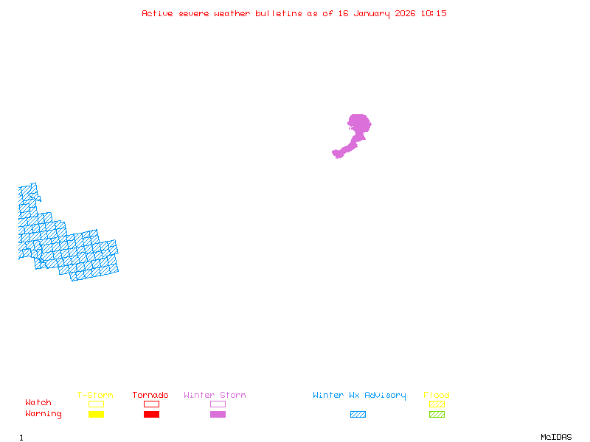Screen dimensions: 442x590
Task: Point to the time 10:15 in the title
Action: coord(434,13)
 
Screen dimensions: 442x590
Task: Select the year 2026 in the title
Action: coord(406,13)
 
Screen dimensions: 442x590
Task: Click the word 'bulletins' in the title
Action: coord(279,13)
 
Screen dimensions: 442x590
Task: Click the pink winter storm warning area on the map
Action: coord(358,124)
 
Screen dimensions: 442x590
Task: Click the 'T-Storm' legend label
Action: coord(95,396)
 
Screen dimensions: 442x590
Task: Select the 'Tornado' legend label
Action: coord(150,396)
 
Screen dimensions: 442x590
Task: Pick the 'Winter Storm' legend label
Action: coord(215,396)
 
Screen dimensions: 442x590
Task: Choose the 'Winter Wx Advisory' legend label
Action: coord(359,396)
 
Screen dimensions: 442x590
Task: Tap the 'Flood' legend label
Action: coord(437,396)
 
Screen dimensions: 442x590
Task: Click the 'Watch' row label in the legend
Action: coord(38,403)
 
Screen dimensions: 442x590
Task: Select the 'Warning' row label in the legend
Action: coord(44,414)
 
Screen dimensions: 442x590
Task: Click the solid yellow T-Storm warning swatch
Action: coord(96,414)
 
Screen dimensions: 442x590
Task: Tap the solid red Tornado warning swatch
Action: coord(151,414)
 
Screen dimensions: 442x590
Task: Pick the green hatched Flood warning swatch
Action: coord(437,414)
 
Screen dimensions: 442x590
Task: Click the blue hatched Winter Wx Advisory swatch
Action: coord(358,414)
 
